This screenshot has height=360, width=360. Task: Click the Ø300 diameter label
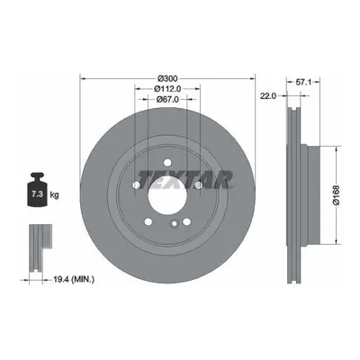167,78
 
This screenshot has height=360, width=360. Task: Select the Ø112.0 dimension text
167,88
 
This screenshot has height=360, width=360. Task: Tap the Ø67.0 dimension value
167,99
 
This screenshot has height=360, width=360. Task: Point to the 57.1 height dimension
303,81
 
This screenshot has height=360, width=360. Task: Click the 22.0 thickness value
267,95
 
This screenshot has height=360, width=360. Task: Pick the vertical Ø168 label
337,195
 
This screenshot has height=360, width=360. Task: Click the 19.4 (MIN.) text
74,280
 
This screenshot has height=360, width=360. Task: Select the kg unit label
54,195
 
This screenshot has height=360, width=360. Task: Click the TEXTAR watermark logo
185,179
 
